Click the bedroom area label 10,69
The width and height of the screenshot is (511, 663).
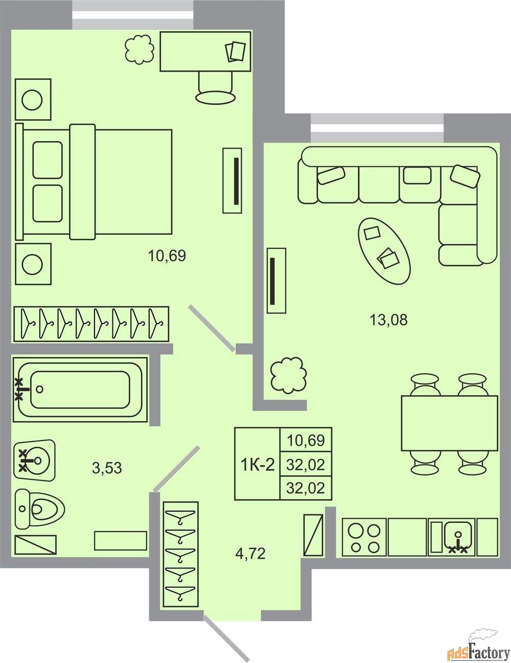click(167, 256)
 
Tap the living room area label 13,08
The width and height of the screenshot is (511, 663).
click(388, 320)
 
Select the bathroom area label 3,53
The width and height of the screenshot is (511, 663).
click(107, 468)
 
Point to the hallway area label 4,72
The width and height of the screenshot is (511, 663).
click(250, 554)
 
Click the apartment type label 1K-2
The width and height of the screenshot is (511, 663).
click(258, 465)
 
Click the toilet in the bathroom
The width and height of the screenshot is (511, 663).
click(40, 509)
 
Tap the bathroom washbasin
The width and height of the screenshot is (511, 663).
click(35, 460)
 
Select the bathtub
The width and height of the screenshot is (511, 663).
click(80, 390)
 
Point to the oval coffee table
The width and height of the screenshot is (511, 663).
click(384, 251)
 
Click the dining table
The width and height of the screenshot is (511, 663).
click(449, 423)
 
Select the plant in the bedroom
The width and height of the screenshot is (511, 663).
click(140, 49)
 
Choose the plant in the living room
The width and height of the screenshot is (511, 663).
click(288, 375)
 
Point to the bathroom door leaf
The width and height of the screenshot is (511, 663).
click(176, 469)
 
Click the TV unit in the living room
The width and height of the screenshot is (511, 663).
click(276, 281)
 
